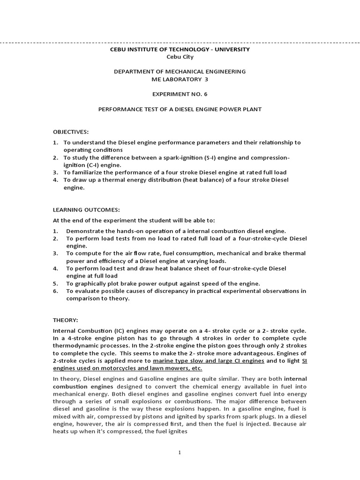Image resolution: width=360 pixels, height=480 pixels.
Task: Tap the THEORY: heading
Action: click(x=65, y=320)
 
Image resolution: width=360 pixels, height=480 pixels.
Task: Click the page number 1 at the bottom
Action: click(x=180, y=452)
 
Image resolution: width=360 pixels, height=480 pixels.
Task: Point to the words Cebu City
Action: click(x=180, y=57)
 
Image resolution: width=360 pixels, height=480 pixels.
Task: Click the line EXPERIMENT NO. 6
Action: click(x=180, y=94)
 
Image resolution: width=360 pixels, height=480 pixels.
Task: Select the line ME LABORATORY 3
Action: click(x=180, y=79)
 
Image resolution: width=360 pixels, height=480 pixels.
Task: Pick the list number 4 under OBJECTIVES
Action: click(x=55, y=180)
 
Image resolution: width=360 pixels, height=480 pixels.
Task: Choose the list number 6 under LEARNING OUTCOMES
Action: click(x=55, y=291)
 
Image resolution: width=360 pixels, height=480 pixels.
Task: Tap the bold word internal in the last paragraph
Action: click(x=295, y=379)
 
